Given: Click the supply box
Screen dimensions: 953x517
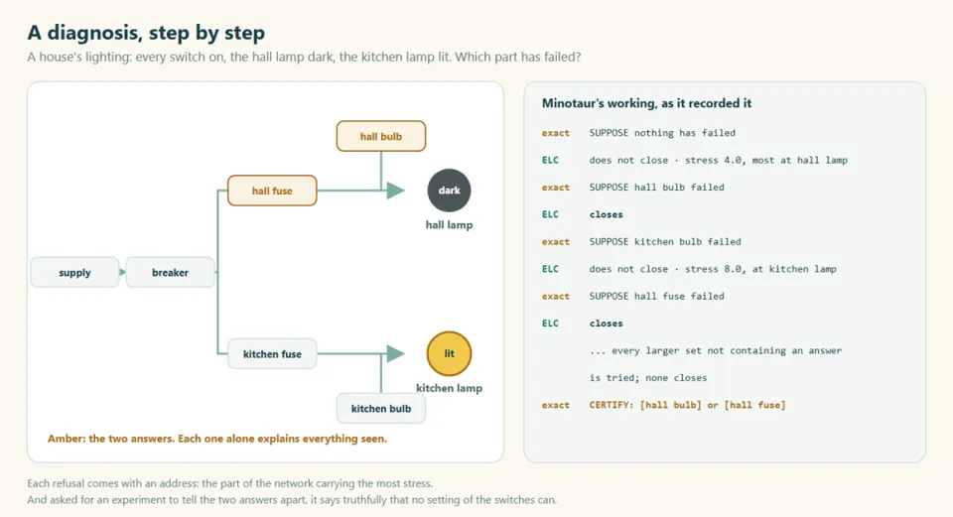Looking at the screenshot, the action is (x=74, y=272).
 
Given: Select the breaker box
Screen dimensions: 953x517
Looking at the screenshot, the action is (x=170, y=272).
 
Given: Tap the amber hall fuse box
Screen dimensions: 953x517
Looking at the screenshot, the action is (x=272, y=191).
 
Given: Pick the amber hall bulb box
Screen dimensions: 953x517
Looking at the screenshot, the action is (x=381, y=136).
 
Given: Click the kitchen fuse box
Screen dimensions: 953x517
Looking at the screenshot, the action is (x=272, y=354).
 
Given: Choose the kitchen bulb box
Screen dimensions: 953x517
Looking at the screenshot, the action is (x=381, y=408).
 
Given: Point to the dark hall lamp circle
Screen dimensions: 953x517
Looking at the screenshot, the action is (x=449, y=191).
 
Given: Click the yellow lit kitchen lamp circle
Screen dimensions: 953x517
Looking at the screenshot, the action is (x=449, y=353).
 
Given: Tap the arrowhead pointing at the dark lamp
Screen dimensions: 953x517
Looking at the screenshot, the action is (x=396, y=191).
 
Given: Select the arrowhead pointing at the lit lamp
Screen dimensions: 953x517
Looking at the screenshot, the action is (x=396, y=353).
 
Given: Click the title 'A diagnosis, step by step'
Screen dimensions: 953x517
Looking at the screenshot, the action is (x=146, y=33).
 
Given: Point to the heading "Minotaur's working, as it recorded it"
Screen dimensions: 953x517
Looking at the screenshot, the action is (x=646, y=103).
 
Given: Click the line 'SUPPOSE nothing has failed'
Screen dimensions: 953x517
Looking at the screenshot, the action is (x=662, y=133).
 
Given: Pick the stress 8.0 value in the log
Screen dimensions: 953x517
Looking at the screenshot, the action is (x=714, y=269).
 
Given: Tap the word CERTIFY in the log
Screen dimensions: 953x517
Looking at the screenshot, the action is (x=612, y=405).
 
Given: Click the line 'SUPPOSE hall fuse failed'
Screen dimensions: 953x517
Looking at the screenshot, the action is (x=656, y=297).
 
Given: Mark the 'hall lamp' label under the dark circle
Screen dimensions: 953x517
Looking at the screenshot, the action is (x=449, y=225).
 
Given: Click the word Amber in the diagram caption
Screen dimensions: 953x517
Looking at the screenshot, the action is (x=66, y=439).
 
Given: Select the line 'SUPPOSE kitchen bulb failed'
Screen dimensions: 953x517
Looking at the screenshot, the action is (x=665, y=242).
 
